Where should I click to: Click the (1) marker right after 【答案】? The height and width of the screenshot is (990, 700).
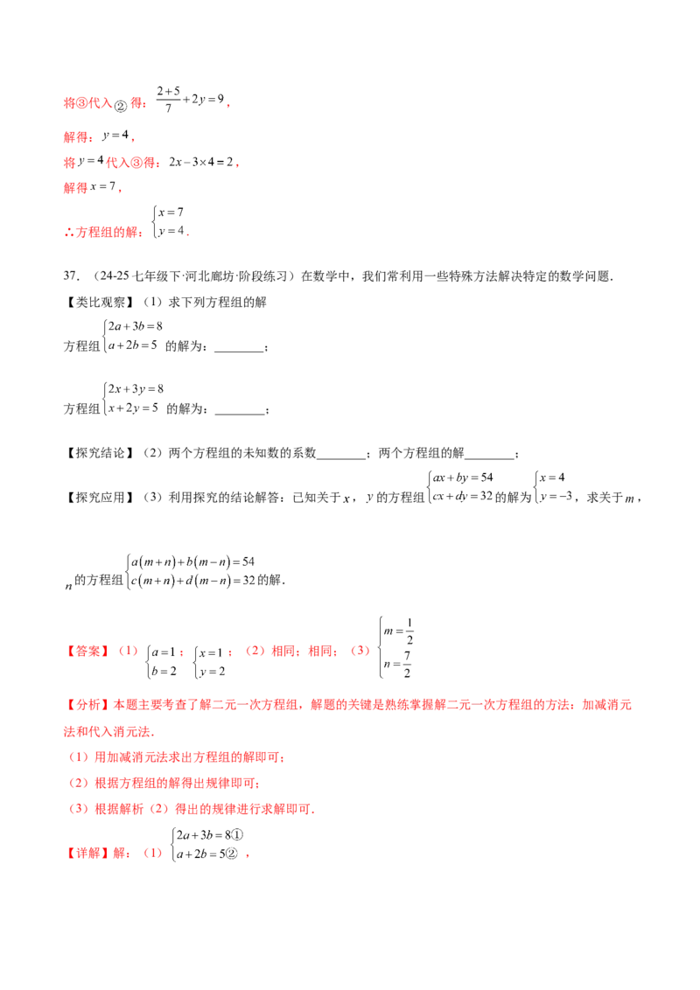129,652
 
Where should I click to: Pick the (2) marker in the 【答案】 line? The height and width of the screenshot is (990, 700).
255,652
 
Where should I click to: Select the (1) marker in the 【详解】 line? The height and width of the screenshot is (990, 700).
154,854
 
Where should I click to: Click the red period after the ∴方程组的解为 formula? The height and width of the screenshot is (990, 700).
187,234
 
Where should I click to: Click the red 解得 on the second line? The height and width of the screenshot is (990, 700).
77,137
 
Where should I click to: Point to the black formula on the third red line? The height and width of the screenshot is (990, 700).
200,162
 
